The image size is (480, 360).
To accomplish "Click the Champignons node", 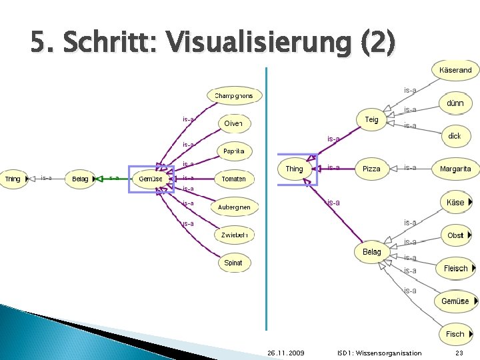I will [x=234, y=96].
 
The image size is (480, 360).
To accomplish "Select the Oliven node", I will [x=233, y=123].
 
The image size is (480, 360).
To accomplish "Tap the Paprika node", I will [x=233, y=151].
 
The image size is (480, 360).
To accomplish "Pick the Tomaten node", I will [x=233, y=179].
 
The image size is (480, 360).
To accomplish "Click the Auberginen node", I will [x=234, y=207].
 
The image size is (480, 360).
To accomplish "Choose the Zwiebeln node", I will [x=234, y=235].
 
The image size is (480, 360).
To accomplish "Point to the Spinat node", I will [x=233, y=263].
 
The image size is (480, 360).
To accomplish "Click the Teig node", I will [x=371, y=120].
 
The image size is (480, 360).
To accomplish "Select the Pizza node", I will [x=371, y=169].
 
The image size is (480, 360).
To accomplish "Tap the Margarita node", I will [x=455, y=169].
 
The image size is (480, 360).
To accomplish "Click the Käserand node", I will [x=455, y=70].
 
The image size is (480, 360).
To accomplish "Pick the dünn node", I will [x=455, y=103].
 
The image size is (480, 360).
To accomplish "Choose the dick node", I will [x=455, y=136].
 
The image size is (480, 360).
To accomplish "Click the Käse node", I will [x=455, y=203].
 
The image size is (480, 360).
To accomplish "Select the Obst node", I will [x=455, y=235].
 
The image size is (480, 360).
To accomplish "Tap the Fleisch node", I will [x=456, y=269].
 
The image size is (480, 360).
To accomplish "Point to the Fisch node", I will [x=455, y=334].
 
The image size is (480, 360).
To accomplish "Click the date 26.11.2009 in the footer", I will [x=286, y=353].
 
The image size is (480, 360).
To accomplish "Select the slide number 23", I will [x=459, y=353].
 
